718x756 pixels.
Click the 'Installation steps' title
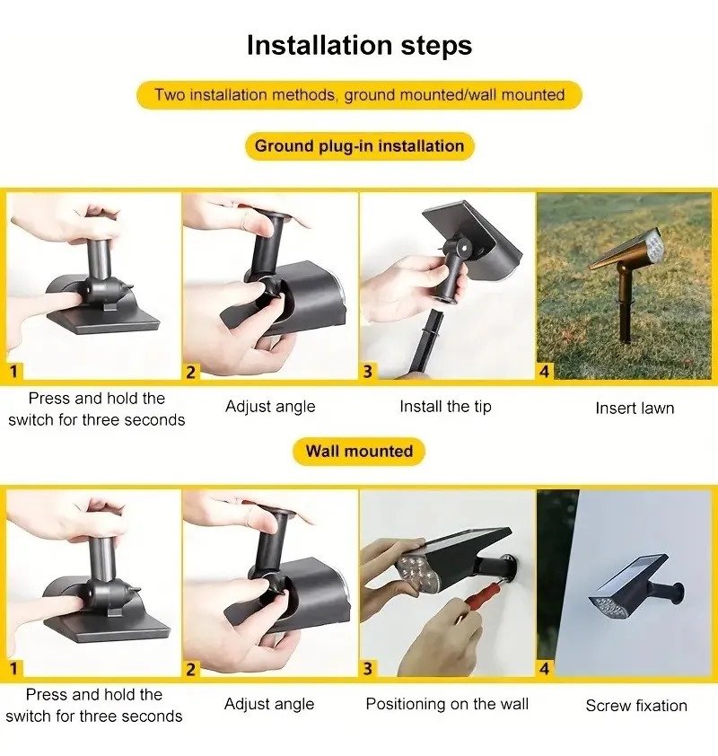(360, 45)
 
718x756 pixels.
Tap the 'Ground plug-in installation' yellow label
(360, 146)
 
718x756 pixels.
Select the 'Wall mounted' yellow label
(359, 452)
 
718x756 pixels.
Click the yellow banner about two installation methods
(360, 95)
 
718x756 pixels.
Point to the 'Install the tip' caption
(446, 407)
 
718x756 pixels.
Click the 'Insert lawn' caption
(635, 409)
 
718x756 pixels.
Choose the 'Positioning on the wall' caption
(447, 704)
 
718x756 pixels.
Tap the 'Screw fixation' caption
(636, 706)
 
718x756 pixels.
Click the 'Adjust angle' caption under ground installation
(270, 407)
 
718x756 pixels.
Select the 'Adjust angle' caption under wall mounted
(269, 704)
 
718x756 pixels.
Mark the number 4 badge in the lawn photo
(545, 372)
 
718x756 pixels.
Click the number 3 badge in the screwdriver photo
(368, 669)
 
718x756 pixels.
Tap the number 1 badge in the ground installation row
(13, 371)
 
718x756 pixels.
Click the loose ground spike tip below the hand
(428, 341)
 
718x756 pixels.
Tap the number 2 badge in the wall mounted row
(191, 669)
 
